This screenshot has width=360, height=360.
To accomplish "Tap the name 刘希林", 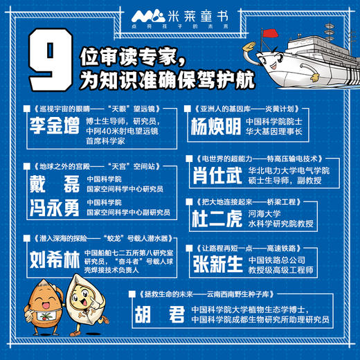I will [x=55, y=260].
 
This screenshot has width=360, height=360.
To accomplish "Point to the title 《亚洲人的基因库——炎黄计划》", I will [x=239, y=109].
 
